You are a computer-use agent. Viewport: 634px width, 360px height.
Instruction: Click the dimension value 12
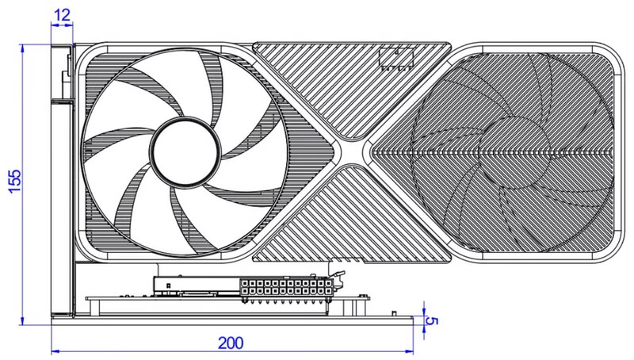point(62,15)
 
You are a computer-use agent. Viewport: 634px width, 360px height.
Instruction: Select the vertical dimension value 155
point(14,182)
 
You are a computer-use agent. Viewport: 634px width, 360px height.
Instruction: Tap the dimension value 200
point(231,343)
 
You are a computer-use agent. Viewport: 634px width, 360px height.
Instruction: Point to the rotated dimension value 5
point(432,322)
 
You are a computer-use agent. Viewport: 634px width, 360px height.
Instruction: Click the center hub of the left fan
point(185,151)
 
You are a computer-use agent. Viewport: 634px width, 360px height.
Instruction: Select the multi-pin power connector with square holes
point(287,287)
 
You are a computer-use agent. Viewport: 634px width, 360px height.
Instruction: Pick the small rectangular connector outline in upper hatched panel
point(396,58)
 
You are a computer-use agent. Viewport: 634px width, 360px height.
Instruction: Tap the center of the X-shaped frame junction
point(352,151)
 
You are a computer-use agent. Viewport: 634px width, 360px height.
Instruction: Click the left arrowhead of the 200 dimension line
point(55,350)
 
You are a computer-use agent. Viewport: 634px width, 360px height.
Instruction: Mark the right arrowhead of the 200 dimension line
point(409,350)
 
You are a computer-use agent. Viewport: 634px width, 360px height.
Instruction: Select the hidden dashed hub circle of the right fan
point(514,151)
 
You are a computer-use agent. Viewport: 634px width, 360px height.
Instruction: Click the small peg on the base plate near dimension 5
point(394,314)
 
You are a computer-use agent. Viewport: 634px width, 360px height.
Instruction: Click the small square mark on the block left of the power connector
point(167,285)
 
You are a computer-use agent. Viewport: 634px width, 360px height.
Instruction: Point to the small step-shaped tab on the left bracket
point(65,83)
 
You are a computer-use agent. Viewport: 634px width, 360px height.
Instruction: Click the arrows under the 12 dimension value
point(62,25)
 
